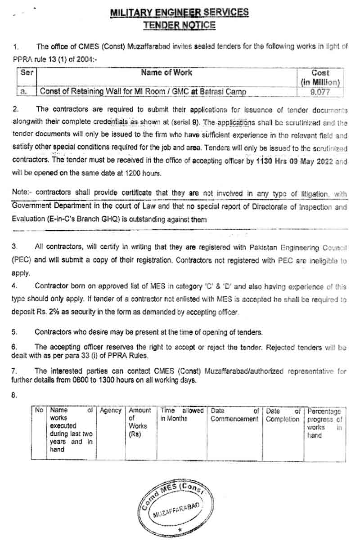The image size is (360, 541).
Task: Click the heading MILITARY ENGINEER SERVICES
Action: tap(180, 13)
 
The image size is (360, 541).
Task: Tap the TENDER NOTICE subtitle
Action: tap(180, 25)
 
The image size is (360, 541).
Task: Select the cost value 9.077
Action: tap(320, 92)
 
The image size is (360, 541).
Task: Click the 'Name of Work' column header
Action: tap(166, 72)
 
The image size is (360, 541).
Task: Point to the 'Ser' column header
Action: tap(27, 72)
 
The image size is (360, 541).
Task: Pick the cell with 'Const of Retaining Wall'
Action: tap(143, 92)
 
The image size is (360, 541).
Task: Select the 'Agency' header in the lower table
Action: tap(110, 411)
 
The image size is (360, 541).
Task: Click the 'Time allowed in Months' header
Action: tap(182, 414)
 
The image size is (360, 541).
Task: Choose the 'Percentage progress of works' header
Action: tap(324, 423)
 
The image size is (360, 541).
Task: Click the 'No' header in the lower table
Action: tap(39, 411)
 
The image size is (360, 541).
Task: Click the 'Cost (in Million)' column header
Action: tap(320, 77)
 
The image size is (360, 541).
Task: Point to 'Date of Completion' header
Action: tap(282, 415)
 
